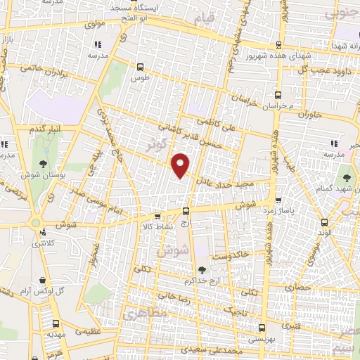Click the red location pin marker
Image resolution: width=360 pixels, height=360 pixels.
point(181,165)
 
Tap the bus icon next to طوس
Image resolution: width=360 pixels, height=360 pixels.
point(139,68)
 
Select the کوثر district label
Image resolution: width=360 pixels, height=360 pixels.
point(159,145)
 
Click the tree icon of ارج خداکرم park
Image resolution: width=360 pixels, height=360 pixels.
point(202,269)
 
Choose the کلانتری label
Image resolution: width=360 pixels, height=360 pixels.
point(45,243)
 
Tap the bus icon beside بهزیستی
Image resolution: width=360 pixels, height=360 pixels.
point(262,327)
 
